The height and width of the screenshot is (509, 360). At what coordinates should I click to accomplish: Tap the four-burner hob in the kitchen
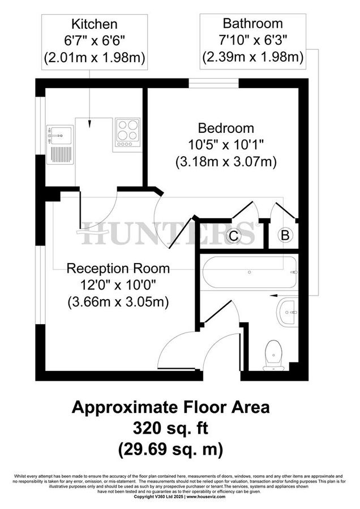coord(127,131)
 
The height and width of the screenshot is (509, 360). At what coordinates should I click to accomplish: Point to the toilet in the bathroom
coord(274,356)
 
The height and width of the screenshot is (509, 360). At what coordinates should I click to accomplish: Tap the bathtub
coord(248,272)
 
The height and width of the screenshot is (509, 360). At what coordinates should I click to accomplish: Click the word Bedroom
coord(226,128)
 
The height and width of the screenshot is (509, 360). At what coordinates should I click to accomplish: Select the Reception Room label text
coord(118,268)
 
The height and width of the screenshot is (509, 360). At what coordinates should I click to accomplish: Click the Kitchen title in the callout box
coord(95,24)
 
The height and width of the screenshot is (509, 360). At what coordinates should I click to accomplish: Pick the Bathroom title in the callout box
coord(252,24)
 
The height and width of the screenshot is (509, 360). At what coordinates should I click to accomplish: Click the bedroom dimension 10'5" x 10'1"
coord(226,145)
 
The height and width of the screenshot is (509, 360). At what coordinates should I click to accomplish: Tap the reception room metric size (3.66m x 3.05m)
coord(118,301)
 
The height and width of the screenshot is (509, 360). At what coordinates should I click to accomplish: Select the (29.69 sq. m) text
coord(170,450)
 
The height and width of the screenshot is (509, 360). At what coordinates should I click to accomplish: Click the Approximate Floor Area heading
coord(170,407)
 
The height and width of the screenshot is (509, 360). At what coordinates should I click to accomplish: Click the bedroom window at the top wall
coord(213,83)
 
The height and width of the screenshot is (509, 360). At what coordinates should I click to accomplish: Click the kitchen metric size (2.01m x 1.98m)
coord(95,57)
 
